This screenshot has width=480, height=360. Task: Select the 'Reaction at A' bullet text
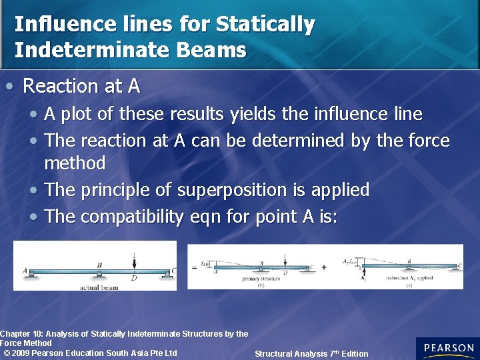pyautogui.click(x=81, y=86)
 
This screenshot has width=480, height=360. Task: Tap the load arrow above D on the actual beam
pyautogui.click(x=134, y=261)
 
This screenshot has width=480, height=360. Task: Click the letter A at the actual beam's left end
pyautogui.click(x=25, y=271)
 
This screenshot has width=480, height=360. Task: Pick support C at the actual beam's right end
pyautogui.click(x=173, y=271)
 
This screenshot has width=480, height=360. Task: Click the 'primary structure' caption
pyautogui.click(x=261, y=278)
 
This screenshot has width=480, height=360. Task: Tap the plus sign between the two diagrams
pyautogui.click(x=324, y=267)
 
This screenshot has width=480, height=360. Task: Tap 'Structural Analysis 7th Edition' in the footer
pyautogui.click(x=311, y=354)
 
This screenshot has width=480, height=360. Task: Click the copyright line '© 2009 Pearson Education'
pyautogui.click(x=90, y=353)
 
